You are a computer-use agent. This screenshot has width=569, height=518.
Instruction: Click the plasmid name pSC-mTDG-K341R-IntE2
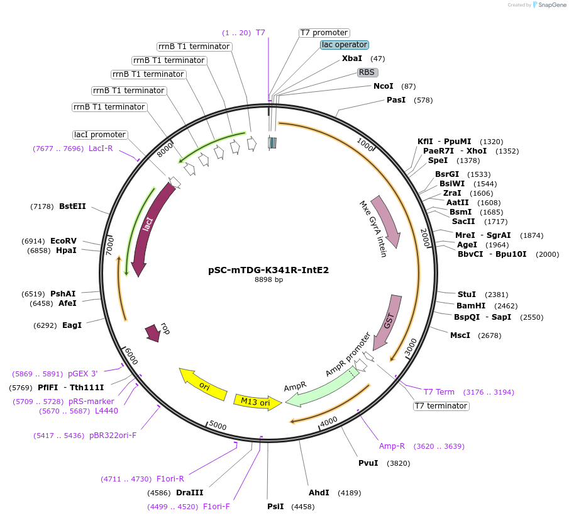268,270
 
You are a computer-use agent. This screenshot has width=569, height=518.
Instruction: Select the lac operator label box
344,45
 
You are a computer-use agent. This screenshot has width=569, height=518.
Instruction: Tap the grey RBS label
367,72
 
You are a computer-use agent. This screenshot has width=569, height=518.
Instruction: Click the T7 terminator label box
441,406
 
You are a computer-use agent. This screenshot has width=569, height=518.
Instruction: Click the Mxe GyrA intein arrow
386,220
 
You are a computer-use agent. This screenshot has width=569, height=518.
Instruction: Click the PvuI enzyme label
368,463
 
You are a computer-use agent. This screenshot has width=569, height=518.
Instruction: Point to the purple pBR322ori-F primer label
113,435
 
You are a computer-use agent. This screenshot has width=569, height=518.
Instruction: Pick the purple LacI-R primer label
101,149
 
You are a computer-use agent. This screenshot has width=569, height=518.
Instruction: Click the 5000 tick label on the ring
218,426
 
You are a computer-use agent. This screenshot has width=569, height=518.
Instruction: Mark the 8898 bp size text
268,279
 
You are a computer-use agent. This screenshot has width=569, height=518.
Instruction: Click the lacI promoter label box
100,135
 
